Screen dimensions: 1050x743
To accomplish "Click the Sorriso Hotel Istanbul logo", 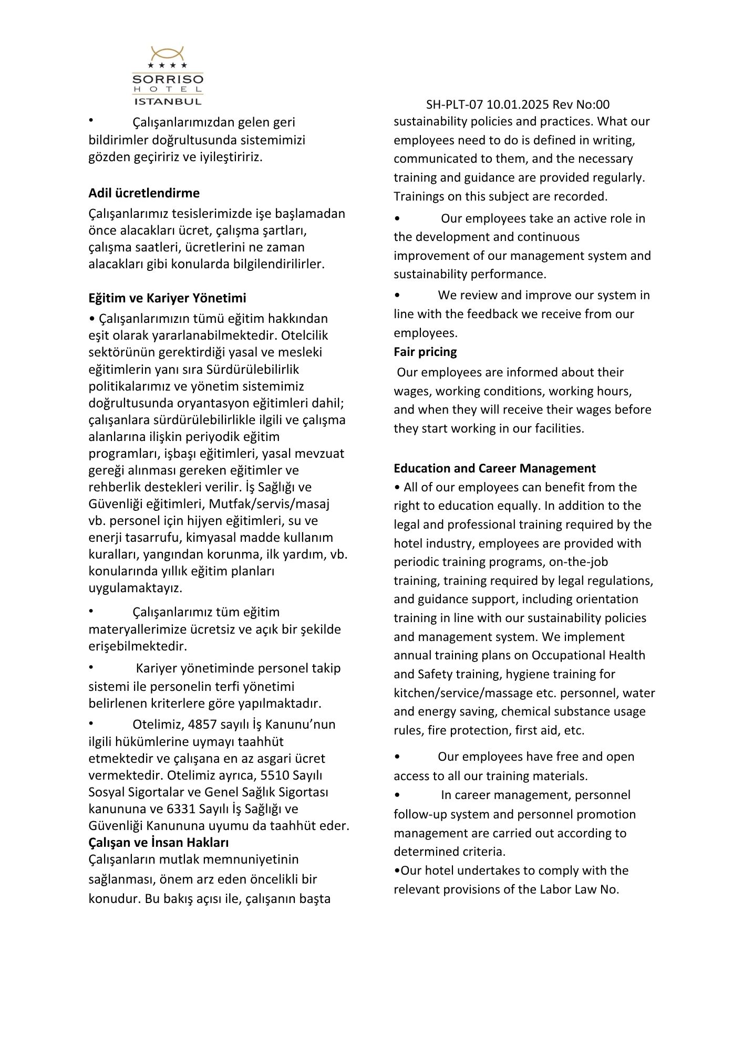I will click(x=168, y=76).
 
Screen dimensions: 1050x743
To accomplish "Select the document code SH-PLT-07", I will click(x=454, y=104).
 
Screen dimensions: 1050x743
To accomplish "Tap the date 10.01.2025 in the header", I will click(x=518, y=104).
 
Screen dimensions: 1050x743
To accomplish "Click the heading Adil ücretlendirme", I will click(x=144, y=193).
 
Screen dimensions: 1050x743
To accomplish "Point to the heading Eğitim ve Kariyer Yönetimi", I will click(x=167, y=298).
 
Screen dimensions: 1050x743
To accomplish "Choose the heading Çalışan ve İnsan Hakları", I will click(x=159, y=842).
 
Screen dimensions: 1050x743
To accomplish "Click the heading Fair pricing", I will click(x=425, y=351).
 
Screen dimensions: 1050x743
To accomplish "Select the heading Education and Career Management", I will click(x=494, y=468).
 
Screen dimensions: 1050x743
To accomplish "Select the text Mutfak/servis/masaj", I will click(x=269, y=503).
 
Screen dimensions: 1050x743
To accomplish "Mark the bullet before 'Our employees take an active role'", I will click(x=397, y=218).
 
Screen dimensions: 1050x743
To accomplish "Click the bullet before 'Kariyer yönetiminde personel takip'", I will click(x=91, y=667).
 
